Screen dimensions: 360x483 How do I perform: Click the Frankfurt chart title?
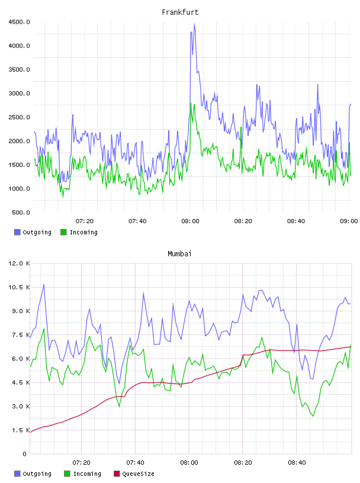click(180, 12)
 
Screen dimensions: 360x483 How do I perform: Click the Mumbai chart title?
click(179, 254)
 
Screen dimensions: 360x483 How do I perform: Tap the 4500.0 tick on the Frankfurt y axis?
click(19, 22)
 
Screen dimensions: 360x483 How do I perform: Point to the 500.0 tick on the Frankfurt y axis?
click(21, 212)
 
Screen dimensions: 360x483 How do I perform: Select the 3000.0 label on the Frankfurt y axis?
click(19, 94)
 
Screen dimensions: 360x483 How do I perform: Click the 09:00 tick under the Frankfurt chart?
click(349, 221)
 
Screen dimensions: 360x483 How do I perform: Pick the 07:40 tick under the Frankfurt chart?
click(137, 221)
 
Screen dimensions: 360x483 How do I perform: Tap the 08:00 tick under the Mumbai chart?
click(189, 463)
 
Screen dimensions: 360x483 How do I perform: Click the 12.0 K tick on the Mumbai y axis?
click(19, 263)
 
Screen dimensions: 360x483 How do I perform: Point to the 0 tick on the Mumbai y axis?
click(24, 454)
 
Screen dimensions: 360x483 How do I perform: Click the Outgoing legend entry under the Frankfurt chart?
click(33, 232)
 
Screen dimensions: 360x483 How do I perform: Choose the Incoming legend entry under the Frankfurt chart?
click(79, 232)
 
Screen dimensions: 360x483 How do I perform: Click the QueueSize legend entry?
click(134, 474)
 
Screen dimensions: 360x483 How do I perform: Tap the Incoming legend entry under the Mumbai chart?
click(83, 474)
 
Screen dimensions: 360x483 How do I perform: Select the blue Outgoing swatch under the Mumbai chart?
click(17, 474)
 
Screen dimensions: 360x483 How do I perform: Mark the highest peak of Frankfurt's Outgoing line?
click(194, 24)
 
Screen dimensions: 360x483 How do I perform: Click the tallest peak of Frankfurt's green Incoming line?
click(191, 103)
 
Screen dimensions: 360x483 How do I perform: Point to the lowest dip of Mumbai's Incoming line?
click(313, 416)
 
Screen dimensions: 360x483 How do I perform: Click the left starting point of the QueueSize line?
click(30, 433)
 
